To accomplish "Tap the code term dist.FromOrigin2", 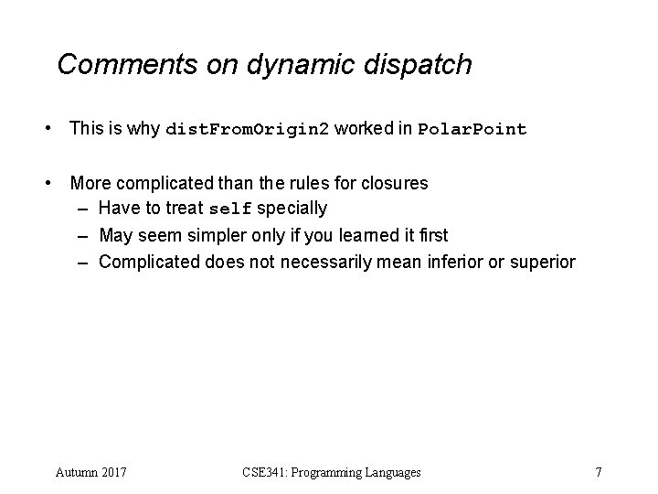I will click(x=247, y=129).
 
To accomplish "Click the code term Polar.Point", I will click(x=472, y=129).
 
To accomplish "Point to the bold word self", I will click(x=228, y=209).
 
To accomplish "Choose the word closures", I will click(x=393, y=183).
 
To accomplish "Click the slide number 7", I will click(x=599, y=472).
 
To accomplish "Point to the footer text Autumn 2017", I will click(x=90, y=472).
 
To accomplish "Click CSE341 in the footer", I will click(x=266, y=472).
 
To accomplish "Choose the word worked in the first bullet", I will click(x=365, y=129).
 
